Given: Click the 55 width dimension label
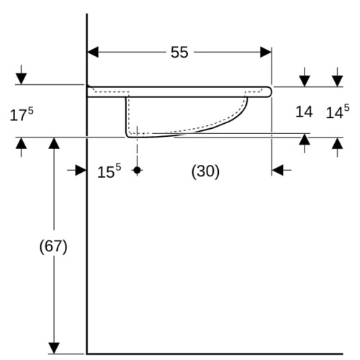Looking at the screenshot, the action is pos(179,53).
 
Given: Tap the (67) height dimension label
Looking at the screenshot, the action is pos(53,246).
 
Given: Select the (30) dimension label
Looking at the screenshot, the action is pos(205,171).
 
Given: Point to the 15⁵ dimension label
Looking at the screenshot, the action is pos(109,171).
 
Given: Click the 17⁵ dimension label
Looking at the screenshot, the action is pos(22,114).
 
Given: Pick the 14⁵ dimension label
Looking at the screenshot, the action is pos(338,112).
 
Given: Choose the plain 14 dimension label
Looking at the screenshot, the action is pos(304,112).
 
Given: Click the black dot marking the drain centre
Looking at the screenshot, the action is pos(137,170).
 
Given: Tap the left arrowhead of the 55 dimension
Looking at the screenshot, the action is pos(93,53).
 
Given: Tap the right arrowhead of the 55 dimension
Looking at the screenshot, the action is pos(266,53).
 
